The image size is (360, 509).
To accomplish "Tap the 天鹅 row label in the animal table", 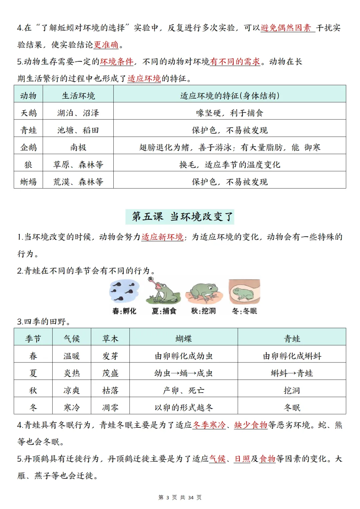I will pos(28,113).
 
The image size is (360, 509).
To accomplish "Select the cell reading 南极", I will pos(78,147).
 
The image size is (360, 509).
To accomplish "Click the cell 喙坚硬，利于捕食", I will pos(229,113).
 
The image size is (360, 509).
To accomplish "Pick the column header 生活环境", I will pos(78,96).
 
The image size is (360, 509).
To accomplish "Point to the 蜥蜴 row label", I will pos(28,182).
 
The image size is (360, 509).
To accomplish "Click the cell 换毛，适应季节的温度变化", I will pos(229,165).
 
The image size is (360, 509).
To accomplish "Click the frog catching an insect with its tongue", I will pos(163,291).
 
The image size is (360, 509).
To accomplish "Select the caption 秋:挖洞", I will pos(203,311).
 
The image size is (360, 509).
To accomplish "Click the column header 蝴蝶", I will pos(183,339).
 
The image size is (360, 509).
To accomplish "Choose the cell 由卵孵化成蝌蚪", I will pos(292,356).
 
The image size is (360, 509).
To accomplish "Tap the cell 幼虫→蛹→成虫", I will pos(183,373).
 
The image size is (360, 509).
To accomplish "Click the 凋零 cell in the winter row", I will pos(110,408).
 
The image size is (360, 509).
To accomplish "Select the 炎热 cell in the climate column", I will pos(72,373).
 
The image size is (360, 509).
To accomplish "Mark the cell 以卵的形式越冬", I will pos(183,408).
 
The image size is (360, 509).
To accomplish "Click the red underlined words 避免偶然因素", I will pos(286,28).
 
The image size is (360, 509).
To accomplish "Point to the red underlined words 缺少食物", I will pos(251,425).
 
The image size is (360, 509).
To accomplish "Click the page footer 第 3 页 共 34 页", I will pos(180,498).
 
